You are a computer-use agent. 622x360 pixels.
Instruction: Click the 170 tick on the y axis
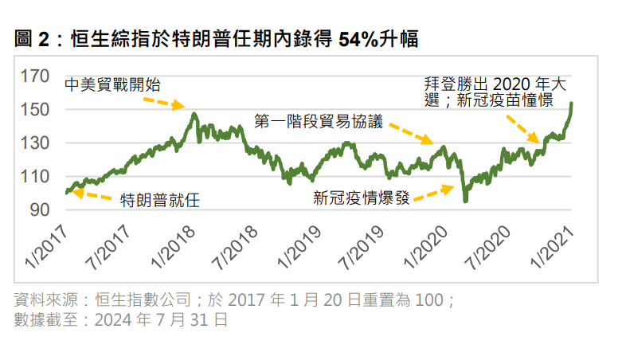coord(36,76)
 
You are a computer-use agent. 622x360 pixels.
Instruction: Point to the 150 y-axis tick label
coord(36,110)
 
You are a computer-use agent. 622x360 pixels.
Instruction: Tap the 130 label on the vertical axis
coord(36,143)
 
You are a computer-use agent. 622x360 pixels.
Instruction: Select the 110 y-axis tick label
coord(36,177)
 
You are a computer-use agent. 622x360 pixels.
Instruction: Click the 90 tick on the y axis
coord(40,210)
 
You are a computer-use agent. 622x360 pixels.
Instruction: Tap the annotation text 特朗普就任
coord(159,199)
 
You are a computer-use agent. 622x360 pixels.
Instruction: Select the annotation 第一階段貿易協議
coord(319,123)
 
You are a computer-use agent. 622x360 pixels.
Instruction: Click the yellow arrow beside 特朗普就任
coord(94,194)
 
